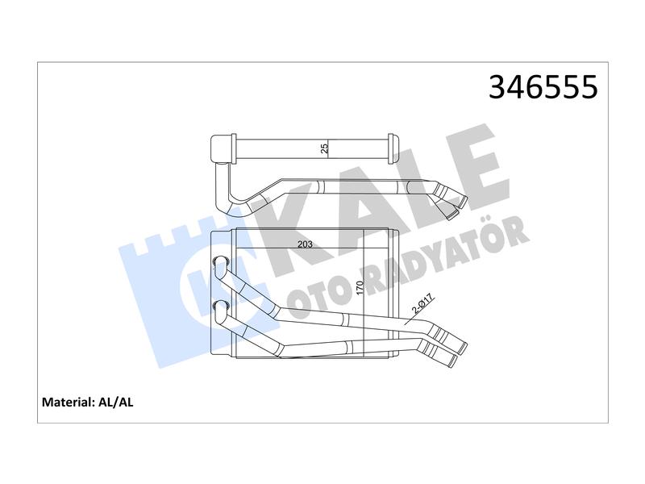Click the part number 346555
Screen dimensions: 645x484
pos(543,87)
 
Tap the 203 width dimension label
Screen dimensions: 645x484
pos(305,244)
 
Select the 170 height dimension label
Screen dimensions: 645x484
pos(360,288)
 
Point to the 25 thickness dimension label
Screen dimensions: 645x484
pos(325,148)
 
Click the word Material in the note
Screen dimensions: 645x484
pos(69,402)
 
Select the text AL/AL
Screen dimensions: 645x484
pos(116,402)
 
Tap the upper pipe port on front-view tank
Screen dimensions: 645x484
pos(220,261)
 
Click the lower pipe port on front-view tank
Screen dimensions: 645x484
pos(220,306)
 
